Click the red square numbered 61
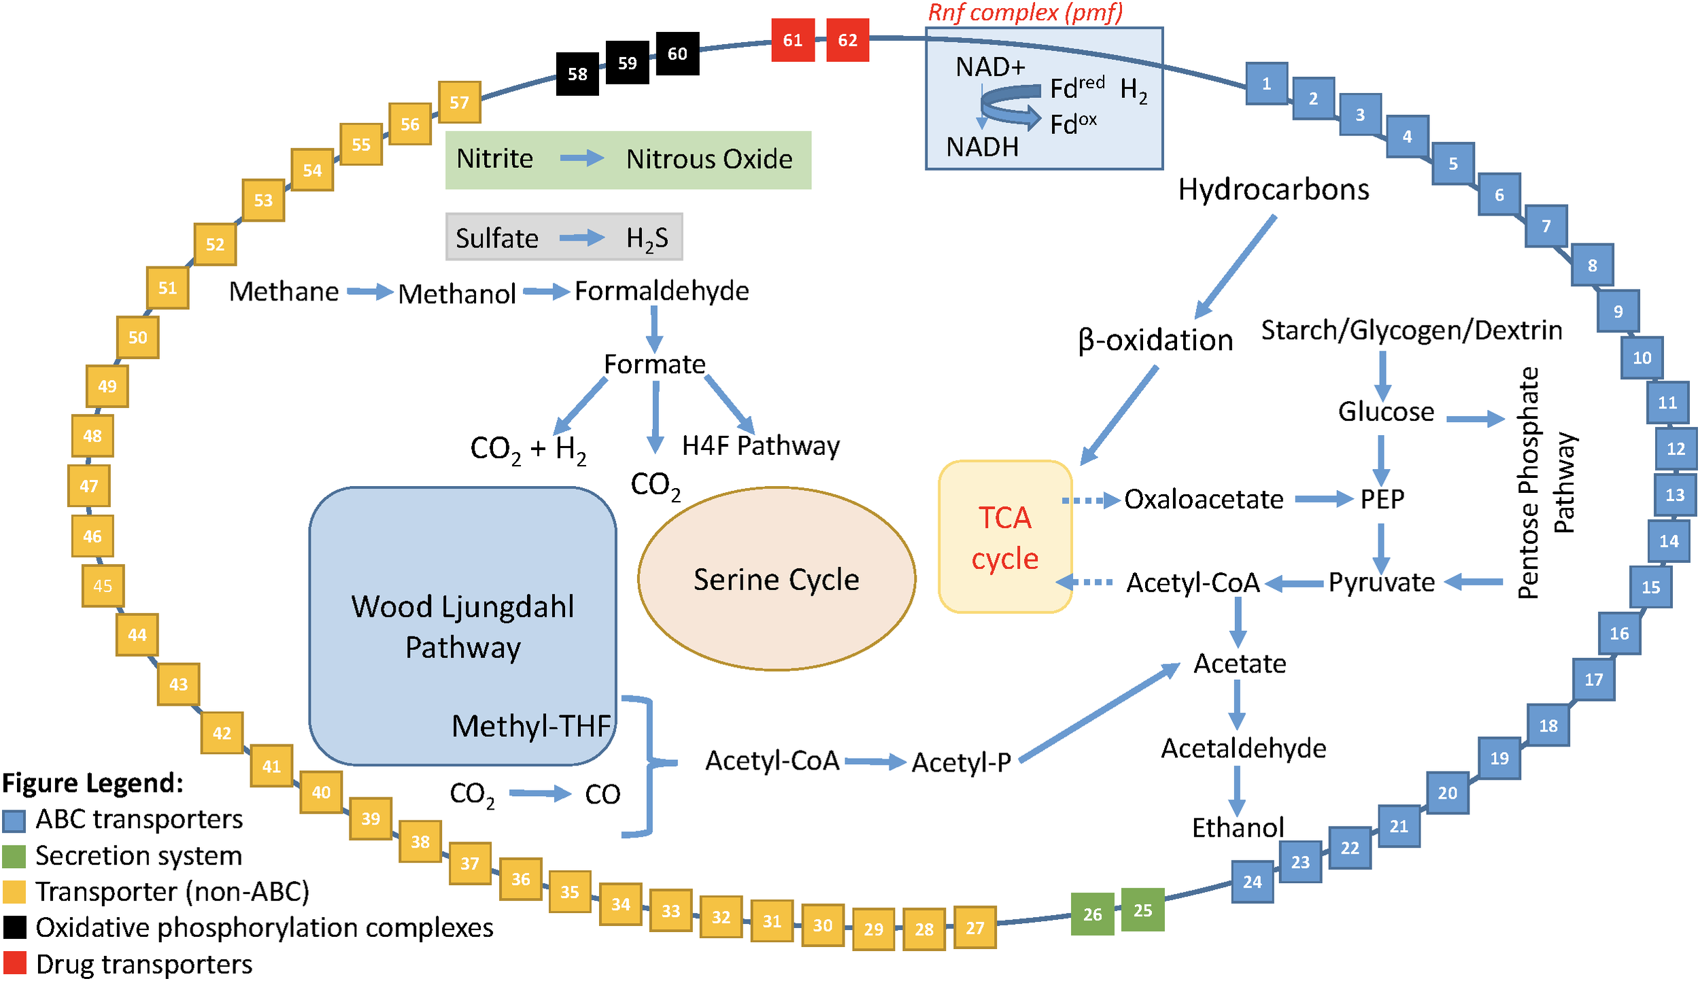pos(792,40)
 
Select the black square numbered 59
pos(627,63)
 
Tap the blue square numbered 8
pos(1592,265)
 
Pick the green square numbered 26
pos(1092,914)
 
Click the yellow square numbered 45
pos(103,585)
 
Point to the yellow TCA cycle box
pos(1004,537)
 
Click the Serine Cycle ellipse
pos(776,579)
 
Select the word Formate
pos(654,364)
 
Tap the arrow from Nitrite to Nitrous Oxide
pos(581,158)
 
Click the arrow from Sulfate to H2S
pos(581,238)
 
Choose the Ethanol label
pos(1238,827)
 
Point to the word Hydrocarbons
pos(1273,190)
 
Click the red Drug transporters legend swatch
pos(14,963)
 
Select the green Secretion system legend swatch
pos(14,856)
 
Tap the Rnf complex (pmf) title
pos(1025,12)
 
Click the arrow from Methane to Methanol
pos(369,292)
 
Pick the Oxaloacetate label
pos(1203,500)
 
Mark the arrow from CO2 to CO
pos(540,793)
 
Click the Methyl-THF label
pos(531,726)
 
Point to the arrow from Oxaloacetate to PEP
pos(1323,500)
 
